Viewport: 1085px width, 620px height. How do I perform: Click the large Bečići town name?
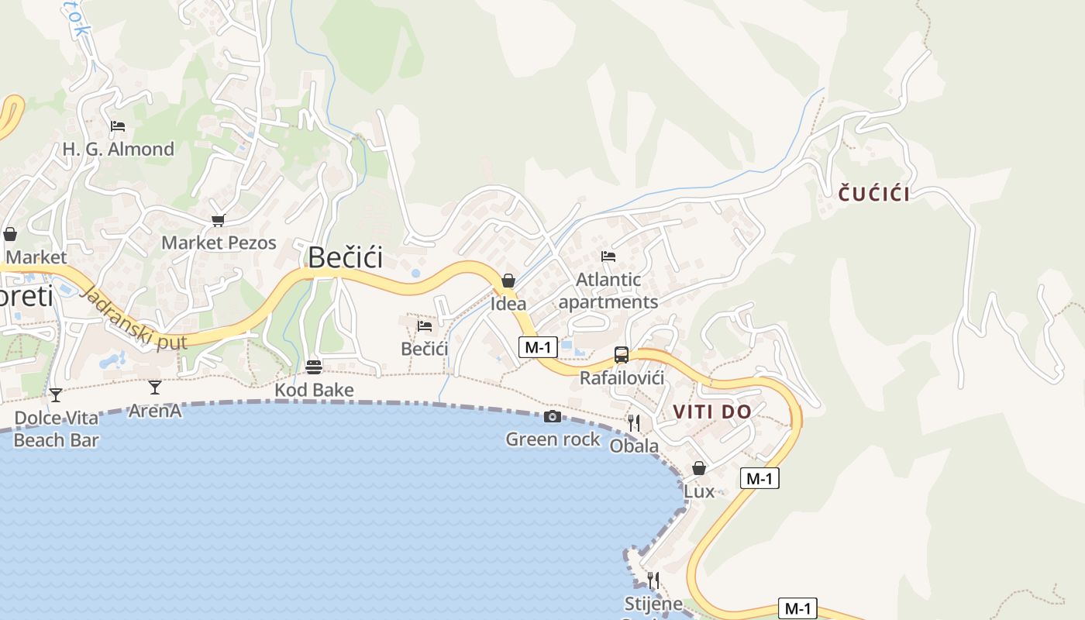(x=346, y=257)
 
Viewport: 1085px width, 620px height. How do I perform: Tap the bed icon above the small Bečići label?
(x=425, y=326)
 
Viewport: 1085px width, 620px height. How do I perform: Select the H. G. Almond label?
(x=119, y=149)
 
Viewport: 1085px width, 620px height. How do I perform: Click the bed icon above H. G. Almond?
(x=118, y=126)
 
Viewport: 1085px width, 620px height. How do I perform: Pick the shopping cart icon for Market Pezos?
(x=218, y=221)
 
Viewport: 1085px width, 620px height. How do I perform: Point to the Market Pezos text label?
(x=219, y=243)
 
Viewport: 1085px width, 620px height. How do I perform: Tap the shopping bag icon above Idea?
(x=508, y=281)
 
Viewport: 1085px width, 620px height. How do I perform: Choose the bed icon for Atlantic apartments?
(x=608, y=257)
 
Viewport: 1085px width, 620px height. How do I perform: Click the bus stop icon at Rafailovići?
(x=622, y=355)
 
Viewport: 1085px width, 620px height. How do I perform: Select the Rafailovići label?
(x=622, y=378)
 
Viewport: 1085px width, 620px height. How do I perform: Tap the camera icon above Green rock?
(x=553, y=417)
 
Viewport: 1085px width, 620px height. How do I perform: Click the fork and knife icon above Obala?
(x=634, y=422)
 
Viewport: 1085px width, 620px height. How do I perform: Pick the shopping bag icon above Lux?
(x=699, y=468)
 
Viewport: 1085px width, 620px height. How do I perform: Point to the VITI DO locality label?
(x=713, y=412)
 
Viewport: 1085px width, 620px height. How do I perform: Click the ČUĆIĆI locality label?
(x=874, y=194)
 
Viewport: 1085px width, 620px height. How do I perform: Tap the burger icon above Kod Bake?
(x=314, y=367)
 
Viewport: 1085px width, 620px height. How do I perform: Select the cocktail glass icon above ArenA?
(x=155, y=387)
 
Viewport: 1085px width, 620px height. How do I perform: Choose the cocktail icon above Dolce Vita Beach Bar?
(x=56, y=395)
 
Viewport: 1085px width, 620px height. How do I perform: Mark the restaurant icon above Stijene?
(x=653, y=580)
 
